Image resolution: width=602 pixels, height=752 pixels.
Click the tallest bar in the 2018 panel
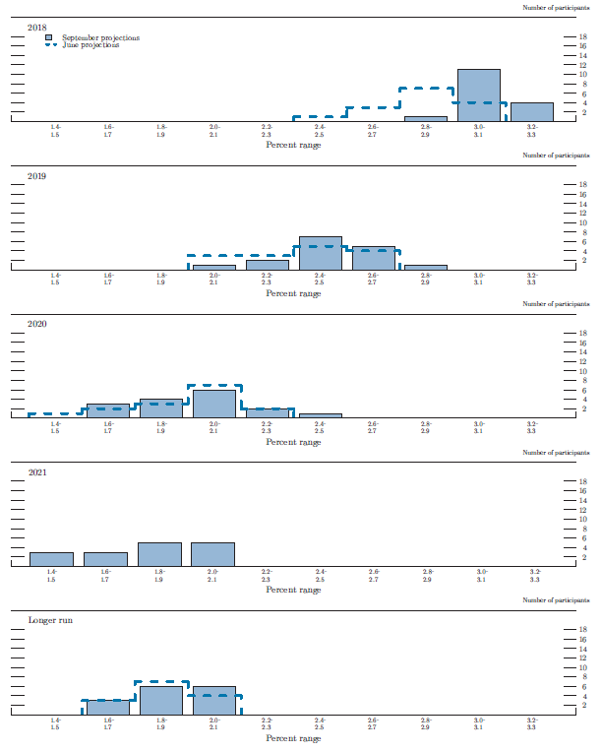(479, 95)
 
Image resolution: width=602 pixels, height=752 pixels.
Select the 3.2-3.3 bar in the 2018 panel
(532, 112)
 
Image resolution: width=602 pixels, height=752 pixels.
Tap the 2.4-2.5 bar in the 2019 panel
(320, 254)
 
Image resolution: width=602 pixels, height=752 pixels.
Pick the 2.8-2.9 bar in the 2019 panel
(426, 267)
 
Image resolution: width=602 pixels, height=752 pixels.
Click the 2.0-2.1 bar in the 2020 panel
(213, 404)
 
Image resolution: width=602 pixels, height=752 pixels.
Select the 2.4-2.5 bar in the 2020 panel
(320, 415)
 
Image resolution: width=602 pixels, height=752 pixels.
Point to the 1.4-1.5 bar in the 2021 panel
(51, 559)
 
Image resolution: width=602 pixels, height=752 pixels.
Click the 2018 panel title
(38, 28)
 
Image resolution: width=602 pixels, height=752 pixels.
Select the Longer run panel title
(50, 621)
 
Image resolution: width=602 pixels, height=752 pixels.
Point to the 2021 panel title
(38, 472)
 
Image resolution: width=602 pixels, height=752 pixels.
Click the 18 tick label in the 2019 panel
(582, 185)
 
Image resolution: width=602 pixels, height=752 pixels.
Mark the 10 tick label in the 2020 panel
(582, 371)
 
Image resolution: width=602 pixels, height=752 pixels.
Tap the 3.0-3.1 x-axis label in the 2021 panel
(482, 575)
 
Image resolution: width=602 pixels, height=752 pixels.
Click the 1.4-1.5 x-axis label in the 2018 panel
(55, 130)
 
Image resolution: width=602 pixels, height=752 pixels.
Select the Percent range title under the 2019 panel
(293, 293)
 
